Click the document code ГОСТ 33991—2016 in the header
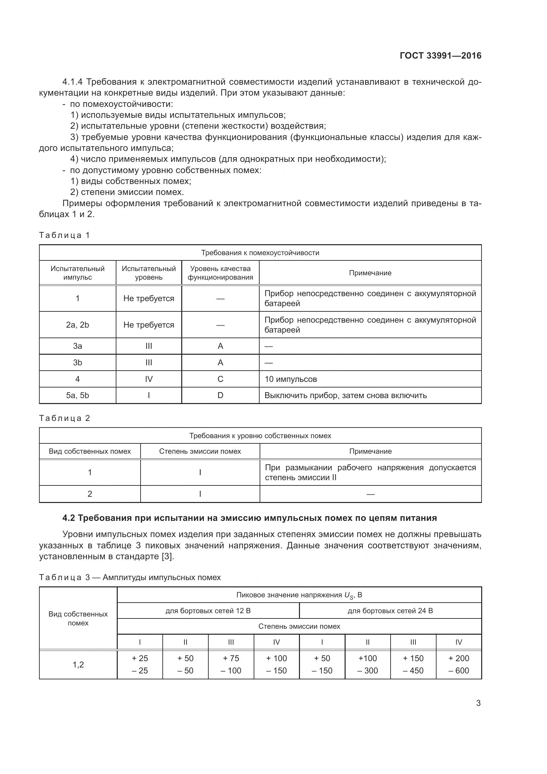(x=440, y=56)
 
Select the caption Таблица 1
(x=64, y=235)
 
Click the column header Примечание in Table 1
(x=370, y=273)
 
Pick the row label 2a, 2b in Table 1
(x=77, y=325)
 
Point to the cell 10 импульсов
(x=290, y=379)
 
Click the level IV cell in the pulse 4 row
(x=148, y=379)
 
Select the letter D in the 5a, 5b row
(x=220, y=395)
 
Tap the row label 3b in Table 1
(x=77, y=363)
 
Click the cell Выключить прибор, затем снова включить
(x=346, y=395)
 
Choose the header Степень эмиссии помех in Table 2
(x=200, y=451)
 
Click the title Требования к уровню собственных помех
(x=260, y=436)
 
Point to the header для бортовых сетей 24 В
(x=390, y=611)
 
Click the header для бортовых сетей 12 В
(x=208, y=611)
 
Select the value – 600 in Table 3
(x=458, y=670)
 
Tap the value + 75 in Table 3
(x=231, y=658)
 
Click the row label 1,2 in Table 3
(x=78, y=664)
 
